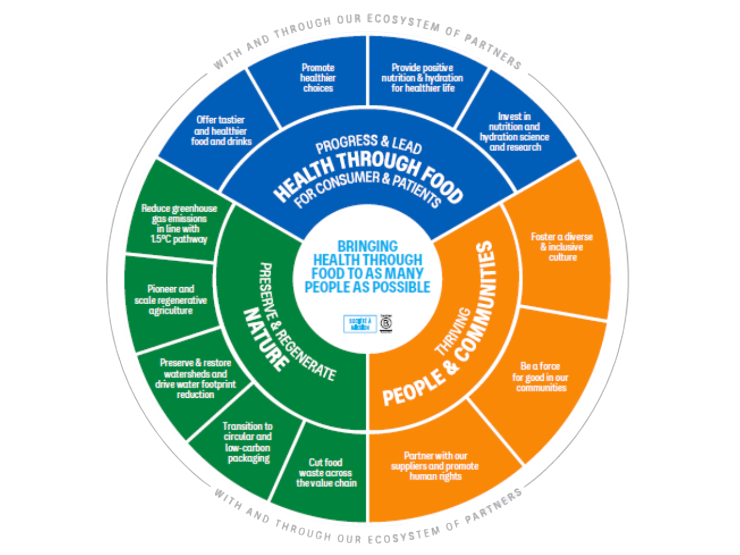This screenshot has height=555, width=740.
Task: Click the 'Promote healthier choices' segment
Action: coord(318,78)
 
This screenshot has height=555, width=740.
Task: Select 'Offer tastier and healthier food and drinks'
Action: coord(221,131)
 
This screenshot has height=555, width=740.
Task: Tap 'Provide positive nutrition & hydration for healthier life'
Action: coord(422,78)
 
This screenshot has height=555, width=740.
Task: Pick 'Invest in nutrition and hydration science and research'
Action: coord(514,132)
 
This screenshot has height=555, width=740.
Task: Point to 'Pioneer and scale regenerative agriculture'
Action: coord(171,300)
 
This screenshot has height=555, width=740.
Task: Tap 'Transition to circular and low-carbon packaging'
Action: coord(248,442)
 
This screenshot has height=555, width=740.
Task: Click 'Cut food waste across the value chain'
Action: coord(326,472)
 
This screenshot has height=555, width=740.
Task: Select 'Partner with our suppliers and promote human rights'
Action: coord(435,466)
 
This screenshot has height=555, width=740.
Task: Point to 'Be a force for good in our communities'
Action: coord(540,377)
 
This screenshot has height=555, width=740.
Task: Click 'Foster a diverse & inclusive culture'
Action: coord(562,247)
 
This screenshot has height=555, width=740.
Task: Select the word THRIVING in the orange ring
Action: coord(452,332)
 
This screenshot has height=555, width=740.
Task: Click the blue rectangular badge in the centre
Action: coord(360,324)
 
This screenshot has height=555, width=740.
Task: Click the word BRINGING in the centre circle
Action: coord(367,246)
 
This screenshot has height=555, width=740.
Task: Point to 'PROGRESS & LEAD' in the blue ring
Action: coord(368,144)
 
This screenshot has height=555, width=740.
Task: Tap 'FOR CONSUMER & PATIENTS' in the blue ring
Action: coord(367,187)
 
